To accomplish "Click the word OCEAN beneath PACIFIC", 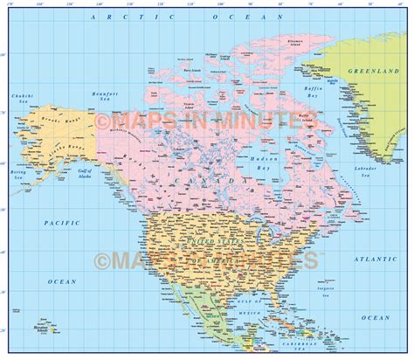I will [62, 280].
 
